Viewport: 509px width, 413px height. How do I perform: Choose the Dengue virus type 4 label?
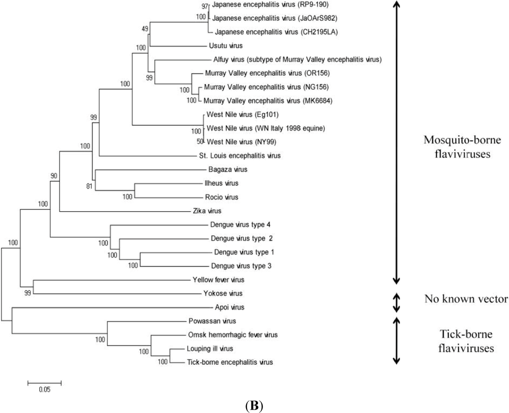click(x=241, y=225)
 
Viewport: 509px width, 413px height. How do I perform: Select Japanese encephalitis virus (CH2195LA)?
click(x=270, y=32)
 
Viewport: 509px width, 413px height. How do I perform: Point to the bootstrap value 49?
click(x=145, y=28)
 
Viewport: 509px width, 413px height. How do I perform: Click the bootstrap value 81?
click(x=89, y=187)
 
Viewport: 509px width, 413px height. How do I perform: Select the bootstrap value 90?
click(x=54, y=176)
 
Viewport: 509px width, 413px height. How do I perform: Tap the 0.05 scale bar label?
click(x=44, y=390)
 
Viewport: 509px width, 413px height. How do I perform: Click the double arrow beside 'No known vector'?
click(x=397, y=301)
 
